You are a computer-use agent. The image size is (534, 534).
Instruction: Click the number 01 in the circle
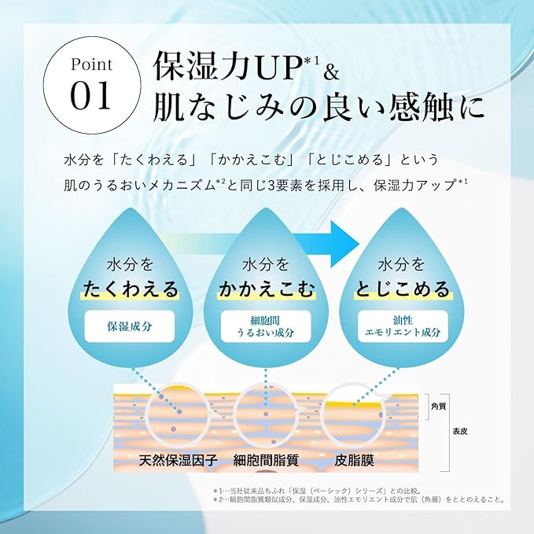(x=91, y=95)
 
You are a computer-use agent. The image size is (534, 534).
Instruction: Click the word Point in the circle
(x=91, y=64)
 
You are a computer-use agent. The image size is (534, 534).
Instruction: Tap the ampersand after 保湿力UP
(x=331, y=73)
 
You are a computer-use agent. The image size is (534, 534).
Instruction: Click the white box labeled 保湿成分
(x=130, y=326)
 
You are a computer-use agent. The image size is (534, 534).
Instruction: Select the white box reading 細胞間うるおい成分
(x=266, y=326)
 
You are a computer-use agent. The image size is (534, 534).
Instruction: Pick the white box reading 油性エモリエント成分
(x=403, y=326)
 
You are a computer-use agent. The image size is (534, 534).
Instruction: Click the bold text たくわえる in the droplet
(x=131, y=289)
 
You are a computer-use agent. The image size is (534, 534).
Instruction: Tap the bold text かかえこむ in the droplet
(x=267, y=289)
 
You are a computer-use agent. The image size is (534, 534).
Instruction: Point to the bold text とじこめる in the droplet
(x=403, y=289)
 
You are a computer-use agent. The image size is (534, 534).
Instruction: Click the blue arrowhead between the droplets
(x=344, y=244)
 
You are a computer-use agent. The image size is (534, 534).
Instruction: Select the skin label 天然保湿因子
(x=178, y=460)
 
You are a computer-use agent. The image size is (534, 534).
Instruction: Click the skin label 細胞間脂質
(x=266, y=460)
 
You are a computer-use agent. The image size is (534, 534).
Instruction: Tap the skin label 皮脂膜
(x=354, y=460)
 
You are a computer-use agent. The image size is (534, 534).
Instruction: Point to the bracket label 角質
(x=439, y=407)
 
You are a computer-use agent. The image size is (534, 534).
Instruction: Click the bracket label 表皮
(x=460, y=432)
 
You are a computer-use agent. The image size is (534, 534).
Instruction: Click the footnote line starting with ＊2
(x=359, y=500)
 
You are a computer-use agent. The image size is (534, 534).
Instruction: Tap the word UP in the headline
(x=280, y=67)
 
